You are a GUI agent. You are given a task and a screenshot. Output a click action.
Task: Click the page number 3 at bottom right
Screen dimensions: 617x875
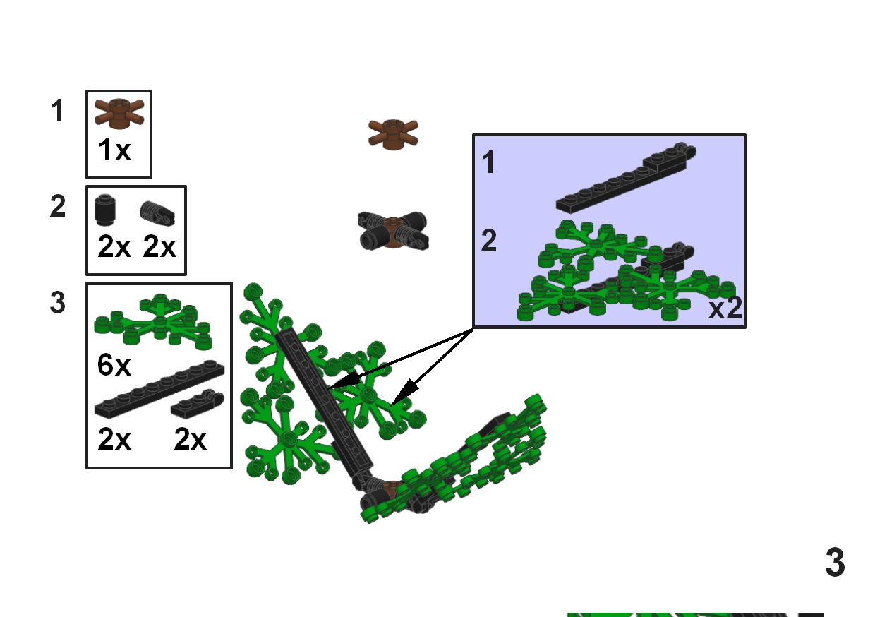click(835, 563)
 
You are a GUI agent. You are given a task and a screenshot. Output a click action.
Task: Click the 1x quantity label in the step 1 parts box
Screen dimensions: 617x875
click(114, 150)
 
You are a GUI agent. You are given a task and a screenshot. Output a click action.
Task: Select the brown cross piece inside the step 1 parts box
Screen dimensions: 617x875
click(119, 114)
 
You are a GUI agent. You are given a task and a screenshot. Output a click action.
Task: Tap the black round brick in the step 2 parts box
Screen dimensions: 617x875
click(106, 209)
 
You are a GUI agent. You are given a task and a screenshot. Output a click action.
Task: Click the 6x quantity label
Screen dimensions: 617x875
click(114, 365)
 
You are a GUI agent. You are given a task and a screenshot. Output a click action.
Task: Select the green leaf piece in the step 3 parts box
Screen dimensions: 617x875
click(153, 321)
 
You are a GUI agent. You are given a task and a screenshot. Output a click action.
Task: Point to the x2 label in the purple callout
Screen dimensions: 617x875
click(725, 309)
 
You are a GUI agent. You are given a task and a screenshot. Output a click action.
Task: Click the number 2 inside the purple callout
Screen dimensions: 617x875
click(489, 242)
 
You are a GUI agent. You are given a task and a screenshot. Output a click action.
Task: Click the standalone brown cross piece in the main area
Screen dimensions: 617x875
click(394, 133)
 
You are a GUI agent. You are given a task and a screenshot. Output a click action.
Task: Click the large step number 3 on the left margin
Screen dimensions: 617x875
click(58, 303)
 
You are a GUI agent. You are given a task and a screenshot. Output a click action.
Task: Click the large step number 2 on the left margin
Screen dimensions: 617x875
click(58, 207)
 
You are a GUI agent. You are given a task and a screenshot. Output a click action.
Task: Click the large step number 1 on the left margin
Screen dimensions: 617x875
click(58, 112)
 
